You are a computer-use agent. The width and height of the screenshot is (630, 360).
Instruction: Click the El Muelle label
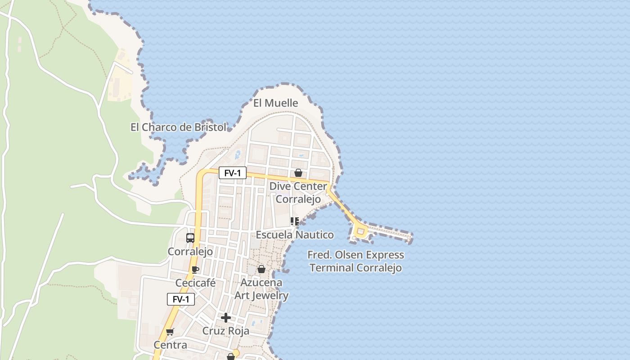coord(275,103)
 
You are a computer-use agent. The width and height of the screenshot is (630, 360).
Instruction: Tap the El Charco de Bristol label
coord(178,127)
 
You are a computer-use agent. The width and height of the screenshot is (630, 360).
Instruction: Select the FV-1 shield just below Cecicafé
coord(181,299)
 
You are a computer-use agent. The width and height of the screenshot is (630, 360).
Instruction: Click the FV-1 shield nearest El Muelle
coord(233,173)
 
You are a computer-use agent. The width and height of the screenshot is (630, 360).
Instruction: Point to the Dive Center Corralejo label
coord(298,193)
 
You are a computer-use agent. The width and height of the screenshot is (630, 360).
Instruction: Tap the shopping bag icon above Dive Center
coord(298,173)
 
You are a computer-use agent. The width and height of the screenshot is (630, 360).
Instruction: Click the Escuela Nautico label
coord(295,234)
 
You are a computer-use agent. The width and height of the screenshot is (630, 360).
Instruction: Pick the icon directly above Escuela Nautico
coord(295,221)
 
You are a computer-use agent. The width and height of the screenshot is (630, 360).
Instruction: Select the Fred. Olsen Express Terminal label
coord(355,261)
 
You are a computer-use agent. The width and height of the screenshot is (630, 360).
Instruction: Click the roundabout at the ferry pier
coord(360,232)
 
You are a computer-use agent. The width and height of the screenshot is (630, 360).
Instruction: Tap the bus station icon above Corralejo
coord(190,238)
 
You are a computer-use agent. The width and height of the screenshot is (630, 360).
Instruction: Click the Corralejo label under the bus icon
coord(190,252)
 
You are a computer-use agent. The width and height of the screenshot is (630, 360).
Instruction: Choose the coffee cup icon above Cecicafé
coord(195,270)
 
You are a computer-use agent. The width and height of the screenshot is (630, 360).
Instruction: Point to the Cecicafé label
coord(195,283)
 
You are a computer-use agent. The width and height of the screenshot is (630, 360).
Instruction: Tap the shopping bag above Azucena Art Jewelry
coord(261,269)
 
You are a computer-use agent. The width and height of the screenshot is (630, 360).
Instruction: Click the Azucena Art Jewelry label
coord(261,289)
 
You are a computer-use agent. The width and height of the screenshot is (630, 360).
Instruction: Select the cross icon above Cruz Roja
coord(226,318)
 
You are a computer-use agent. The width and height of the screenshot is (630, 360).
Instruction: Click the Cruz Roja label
coord(225,331)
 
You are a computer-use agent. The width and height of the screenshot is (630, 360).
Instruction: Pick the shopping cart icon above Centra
coord(170,332)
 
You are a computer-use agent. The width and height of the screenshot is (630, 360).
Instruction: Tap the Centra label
coord(170,345)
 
